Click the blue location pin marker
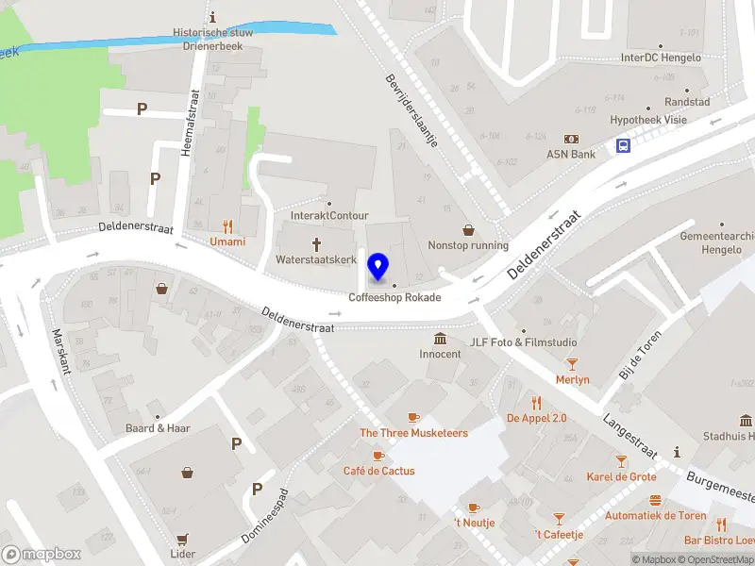pos(379,267)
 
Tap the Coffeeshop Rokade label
pos(394,297)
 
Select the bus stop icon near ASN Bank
pos(624,145)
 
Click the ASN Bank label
pos(571,154)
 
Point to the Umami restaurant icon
pos(226,226)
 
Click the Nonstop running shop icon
pos(468,229)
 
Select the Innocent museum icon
pos(440,339)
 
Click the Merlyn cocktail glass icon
pos(572,364)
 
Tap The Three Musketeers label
pos(413,433)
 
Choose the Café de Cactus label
pos(378,471)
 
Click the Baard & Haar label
pos(158,428)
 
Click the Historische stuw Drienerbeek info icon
pos(213,17)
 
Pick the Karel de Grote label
pos(621,476)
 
